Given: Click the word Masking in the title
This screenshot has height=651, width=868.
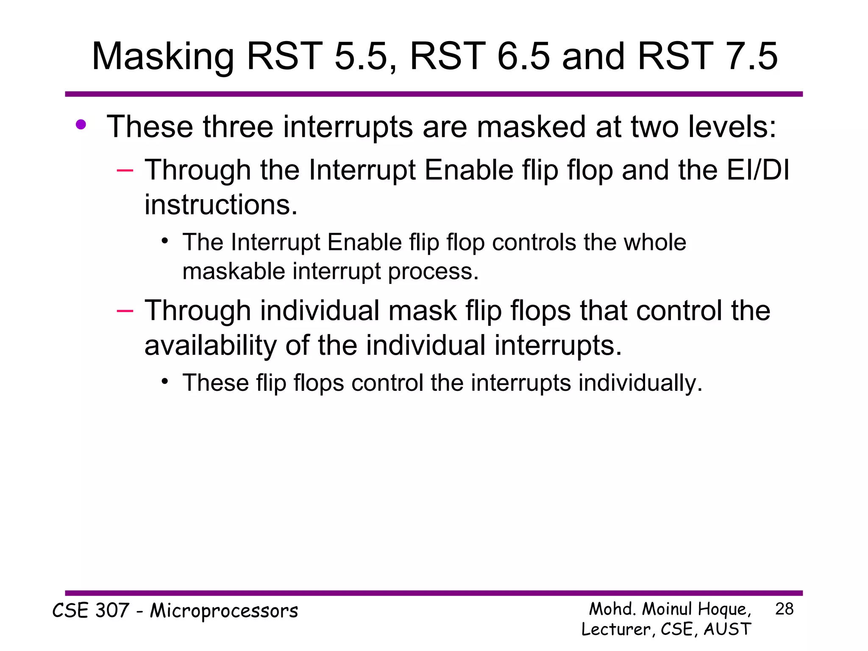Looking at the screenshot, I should (163, 57).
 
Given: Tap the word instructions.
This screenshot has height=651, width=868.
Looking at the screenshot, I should (221, 205).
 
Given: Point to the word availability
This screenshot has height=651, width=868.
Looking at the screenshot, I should (210, 345).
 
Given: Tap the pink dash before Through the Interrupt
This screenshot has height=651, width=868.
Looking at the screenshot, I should (125, 171).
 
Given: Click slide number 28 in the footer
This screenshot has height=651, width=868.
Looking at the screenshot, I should (784, 609).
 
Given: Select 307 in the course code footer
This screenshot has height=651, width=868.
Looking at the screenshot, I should (112, 611).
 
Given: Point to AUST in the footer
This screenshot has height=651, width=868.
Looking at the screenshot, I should (727, 629).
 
